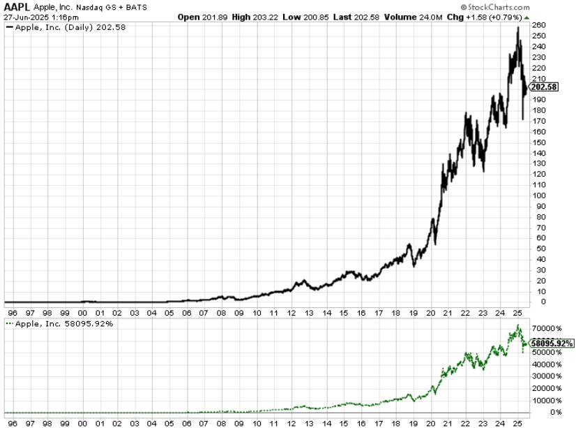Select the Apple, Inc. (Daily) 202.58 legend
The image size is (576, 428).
(x=67, y=28)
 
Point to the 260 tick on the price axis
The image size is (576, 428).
(x=537, y=25)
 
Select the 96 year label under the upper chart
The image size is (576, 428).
(x=12, y=313)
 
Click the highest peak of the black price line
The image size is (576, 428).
(x=517, y=27)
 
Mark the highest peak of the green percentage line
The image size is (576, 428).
(x=517, y=325)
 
